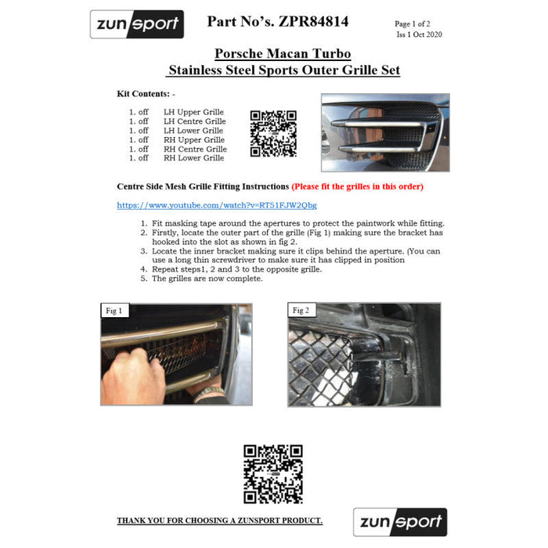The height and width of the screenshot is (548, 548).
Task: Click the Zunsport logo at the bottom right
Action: tap(399, 522)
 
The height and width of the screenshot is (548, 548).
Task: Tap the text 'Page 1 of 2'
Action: tap(418, 24)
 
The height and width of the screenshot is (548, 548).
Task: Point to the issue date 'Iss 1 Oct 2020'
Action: tap(419, 34)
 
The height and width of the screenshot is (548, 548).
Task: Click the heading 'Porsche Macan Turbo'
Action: tap(283, 54)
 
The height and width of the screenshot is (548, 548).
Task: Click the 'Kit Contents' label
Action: tap(146, 94)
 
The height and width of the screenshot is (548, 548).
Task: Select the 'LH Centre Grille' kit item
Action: tap(194, 121)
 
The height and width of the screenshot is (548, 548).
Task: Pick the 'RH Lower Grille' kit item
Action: tap(193, 158)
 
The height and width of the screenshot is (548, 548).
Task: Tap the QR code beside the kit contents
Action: tap(272, 134)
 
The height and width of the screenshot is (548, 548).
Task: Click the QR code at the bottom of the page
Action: tap(272, 474)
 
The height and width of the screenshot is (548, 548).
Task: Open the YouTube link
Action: tap(217, 205)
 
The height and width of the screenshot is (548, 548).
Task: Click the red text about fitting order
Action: tap(357, 187)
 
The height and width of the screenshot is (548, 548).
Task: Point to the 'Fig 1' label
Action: tap(114, 311)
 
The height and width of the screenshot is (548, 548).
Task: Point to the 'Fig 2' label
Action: tap(301, 311)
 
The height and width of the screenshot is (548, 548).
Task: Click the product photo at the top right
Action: tap(385, 132)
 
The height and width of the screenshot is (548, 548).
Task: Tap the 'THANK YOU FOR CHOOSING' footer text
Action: tap(219, 521)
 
